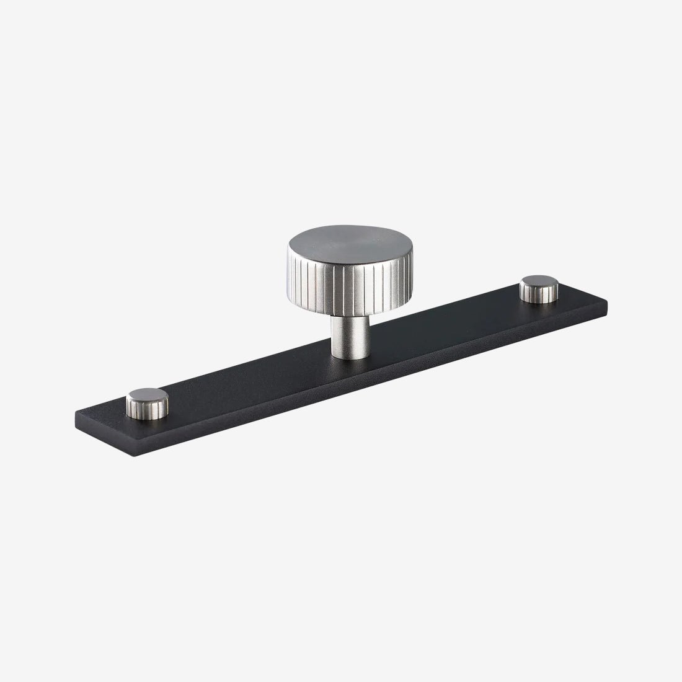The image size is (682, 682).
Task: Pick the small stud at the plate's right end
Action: click(x=538, y=290)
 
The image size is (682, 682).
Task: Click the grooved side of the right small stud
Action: click(x=538, y=295)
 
